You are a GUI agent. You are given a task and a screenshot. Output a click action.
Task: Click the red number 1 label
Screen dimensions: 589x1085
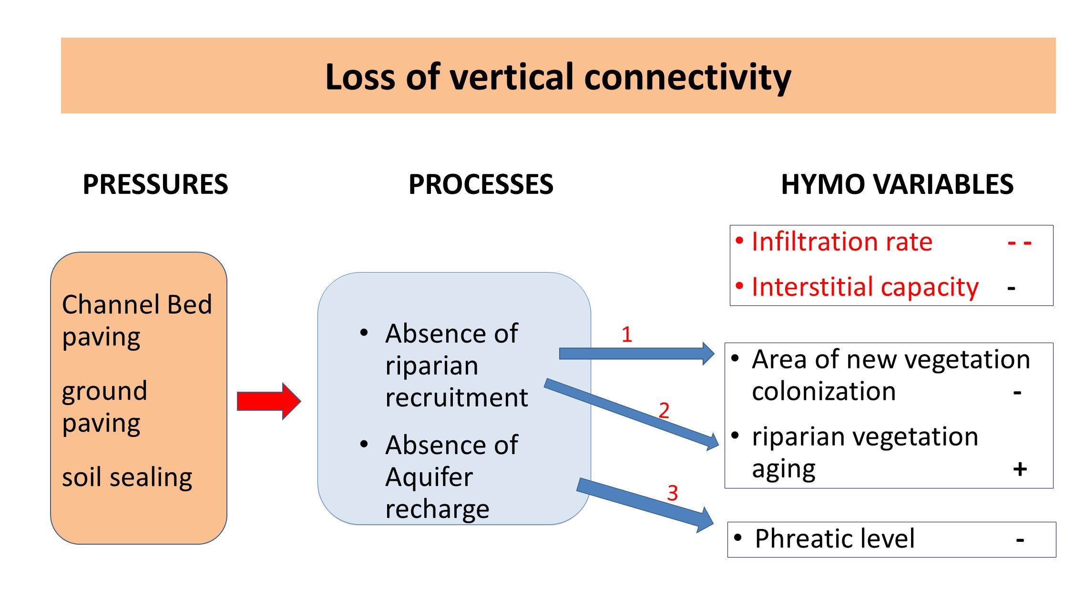627,335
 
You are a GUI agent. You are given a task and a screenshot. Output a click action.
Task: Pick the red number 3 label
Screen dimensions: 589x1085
672,493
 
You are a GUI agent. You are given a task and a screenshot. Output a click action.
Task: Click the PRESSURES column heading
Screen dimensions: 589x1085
155,184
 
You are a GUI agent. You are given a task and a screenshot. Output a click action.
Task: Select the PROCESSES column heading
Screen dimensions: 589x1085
481,184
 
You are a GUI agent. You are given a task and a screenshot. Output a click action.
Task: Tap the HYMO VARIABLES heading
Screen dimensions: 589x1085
897,184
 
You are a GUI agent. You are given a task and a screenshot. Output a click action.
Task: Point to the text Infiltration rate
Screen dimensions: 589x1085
841,242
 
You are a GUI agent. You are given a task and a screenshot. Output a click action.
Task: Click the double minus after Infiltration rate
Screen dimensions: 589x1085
1020,243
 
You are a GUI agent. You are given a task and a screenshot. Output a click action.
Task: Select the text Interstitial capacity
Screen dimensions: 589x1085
865,287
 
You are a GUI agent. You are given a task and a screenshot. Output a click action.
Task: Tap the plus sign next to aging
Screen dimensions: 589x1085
1020,469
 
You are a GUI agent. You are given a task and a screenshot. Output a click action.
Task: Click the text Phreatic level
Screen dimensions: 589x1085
834,538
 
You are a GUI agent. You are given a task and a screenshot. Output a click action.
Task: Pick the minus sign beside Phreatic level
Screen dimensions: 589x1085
1020,540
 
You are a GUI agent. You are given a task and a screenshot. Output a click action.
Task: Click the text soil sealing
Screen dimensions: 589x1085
127,477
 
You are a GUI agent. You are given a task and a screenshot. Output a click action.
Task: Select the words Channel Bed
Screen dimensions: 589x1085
137,305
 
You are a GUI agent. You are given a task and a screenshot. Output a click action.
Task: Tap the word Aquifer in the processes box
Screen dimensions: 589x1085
429,477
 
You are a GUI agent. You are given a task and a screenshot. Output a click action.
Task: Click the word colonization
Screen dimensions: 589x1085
823,391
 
